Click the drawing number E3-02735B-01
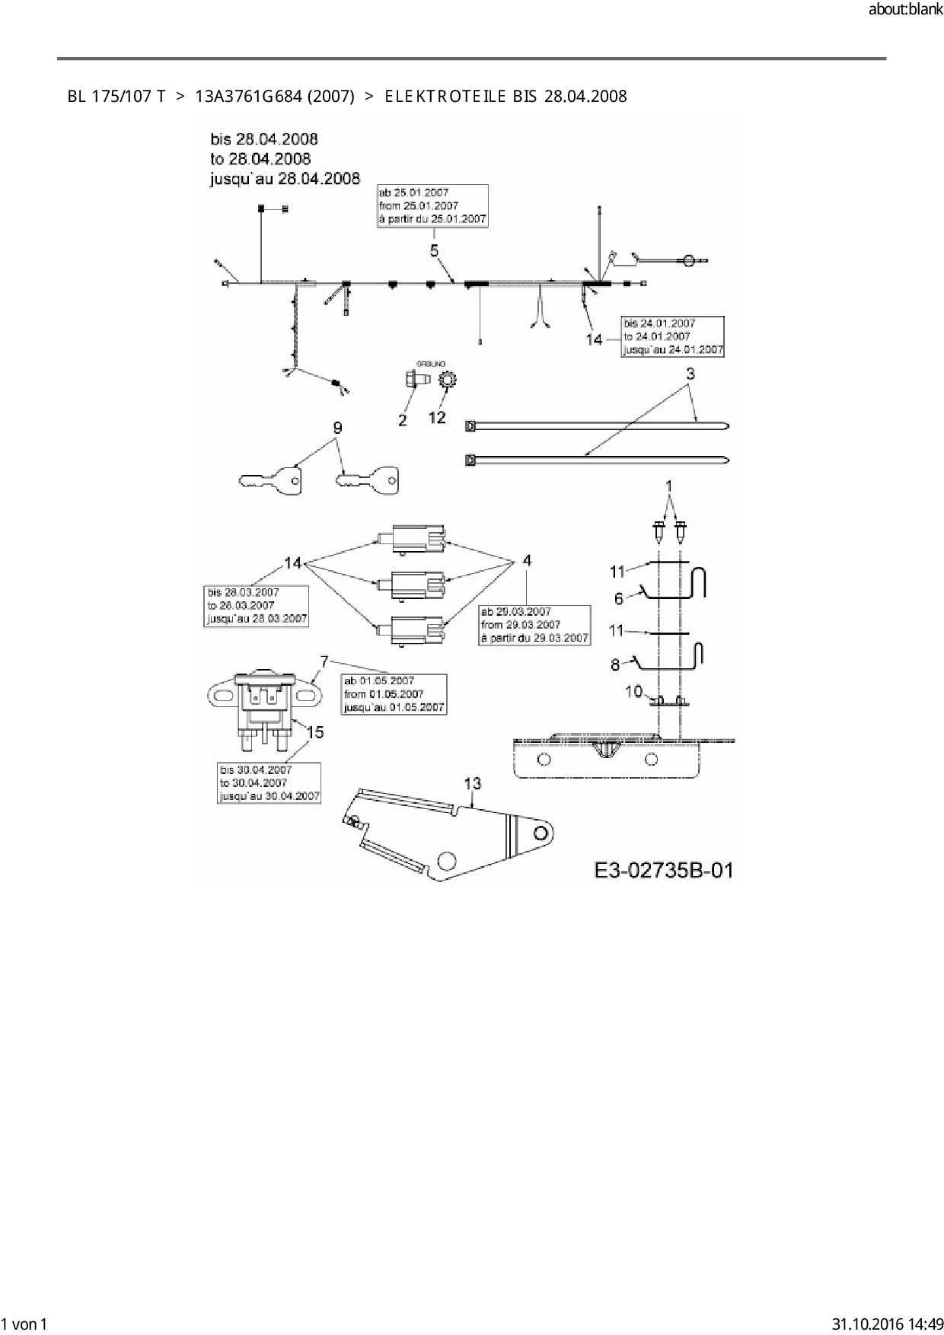coord(663,870)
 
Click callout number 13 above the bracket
coord(473,783)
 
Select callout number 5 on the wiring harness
coord(434,250)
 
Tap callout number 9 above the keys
coord(337,429)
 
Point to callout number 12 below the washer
coord(437,417)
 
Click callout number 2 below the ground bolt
coord(403,419)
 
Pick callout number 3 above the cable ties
coord(690,374)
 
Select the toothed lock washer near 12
coord(447,379)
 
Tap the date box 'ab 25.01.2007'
coord(432,206)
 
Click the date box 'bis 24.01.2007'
coord(672,336)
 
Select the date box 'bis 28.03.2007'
coord(257,605)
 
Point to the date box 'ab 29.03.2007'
coord(534,625)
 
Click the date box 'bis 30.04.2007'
coord(269,782)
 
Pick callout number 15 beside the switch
coord(314,732)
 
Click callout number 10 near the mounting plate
coord(634,691)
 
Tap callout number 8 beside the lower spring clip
coord(615,664)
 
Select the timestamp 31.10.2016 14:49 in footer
coord(888,1324)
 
